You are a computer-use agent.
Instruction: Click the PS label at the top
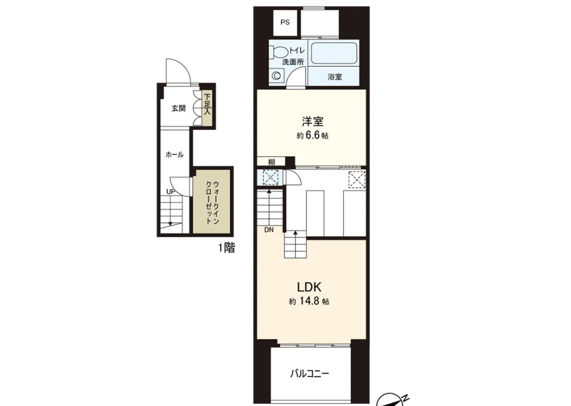click(285, 22)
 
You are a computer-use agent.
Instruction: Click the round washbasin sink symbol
click(277, 76)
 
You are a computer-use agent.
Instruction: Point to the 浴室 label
click(335, 77)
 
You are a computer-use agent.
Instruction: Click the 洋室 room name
click(312, 121)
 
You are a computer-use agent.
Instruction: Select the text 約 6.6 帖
click(312, 136)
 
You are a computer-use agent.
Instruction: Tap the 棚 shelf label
click(272, 163)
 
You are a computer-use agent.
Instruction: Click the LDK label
click(309, 288)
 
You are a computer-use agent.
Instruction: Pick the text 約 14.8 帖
click(309, 302)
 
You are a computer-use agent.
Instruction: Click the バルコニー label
click(310, 374)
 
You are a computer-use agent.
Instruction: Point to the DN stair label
click(269, 230)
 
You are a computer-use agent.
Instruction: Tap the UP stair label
click(171, 192)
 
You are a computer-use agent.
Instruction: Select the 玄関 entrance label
click(178, 109)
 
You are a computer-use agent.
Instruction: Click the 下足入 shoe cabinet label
click(207, 104)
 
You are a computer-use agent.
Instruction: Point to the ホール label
click(175, 155)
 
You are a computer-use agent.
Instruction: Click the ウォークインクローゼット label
click(211, 202)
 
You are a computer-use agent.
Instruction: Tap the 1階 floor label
click(227, 248)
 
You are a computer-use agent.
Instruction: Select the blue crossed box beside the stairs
click(271, 178)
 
